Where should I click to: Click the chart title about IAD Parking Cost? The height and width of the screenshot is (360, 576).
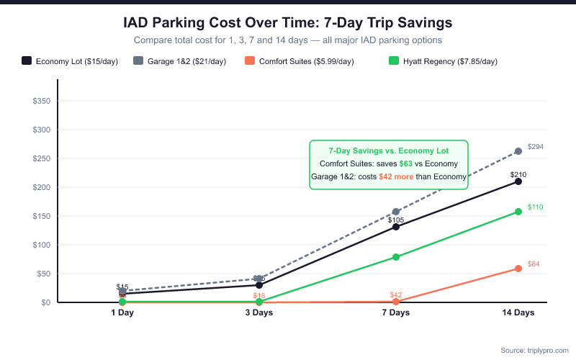pos(288,23)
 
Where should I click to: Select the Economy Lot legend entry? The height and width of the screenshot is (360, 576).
pos(70,61)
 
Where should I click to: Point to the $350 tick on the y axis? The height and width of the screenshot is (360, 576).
pos(40,101)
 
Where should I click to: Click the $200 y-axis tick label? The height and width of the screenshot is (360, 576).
pos(40,187)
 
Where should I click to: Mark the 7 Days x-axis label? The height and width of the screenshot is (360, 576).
pos(396,313)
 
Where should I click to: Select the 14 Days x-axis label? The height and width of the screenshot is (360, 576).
pos(518,313)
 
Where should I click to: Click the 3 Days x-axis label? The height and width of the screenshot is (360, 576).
pos(259,313)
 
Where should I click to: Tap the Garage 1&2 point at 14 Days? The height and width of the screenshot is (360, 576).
pos(518,151)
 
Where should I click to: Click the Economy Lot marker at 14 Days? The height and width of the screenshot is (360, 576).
pos(518,181)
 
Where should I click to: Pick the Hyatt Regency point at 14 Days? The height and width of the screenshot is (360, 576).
pos(518,212)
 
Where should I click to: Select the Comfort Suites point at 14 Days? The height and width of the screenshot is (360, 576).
pos(518,269)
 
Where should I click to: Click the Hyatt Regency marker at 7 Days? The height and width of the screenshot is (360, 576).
pos(396,257)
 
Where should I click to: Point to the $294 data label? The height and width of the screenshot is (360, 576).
pos(535,147)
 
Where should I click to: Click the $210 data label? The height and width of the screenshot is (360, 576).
pos(518,174)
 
